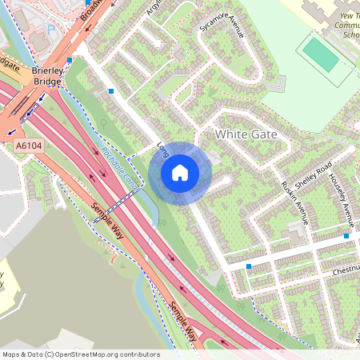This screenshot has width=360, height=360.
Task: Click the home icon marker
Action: click(180, 172)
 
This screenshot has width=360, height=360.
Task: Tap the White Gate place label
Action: click(246, 134)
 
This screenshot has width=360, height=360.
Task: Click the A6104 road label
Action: click(28, 146)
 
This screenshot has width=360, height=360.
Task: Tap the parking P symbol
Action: click(50, 29)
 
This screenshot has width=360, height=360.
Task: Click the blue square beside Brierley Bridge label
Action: click(70, 60)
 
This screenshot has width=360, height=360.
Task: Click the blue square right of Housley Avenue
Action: click(346, 236)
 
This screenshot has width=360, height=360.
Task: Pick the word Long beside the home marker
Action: click(162, 150)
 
